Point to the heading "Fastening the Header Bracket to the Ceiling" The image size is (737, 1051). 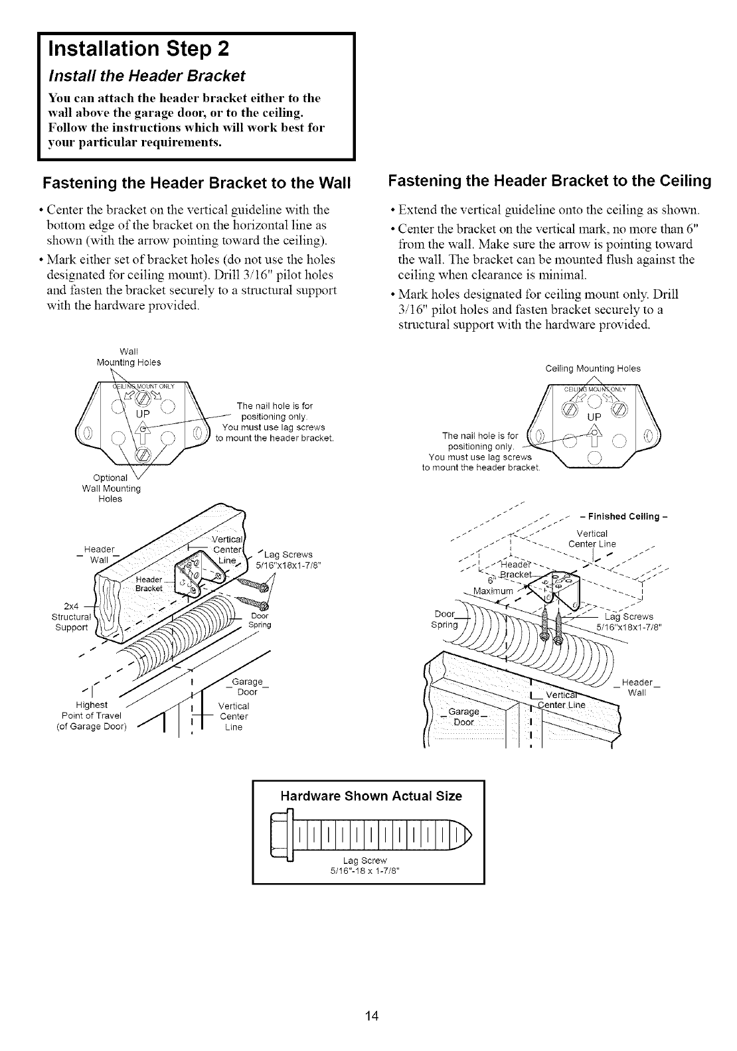549,181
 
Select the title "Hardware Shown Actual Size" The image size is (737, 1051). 369,796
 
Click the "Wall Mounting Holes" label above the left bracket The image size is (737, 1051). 129,356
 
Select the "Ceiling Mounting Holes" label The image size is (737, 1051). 592,368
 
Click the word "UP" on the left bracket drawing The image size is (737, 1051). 144,415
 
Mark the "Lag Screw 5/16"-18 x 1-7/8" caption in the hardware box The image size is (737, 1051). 369,865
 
